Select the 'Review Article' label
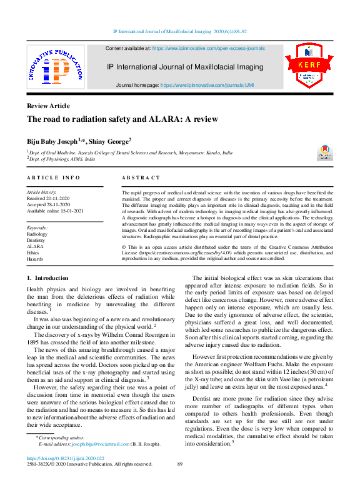coord(48,106)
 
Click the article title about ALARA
coord(113,119)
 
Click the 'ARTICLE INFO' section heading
coord(53,179)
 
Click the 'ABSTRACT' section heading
coord(141,179)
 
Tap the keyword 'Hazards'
coord(35,259)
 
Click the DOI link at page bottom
coord(66,458)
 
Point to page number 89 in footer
coord(180,464)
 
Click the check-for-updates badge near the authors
coord(325,152)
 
